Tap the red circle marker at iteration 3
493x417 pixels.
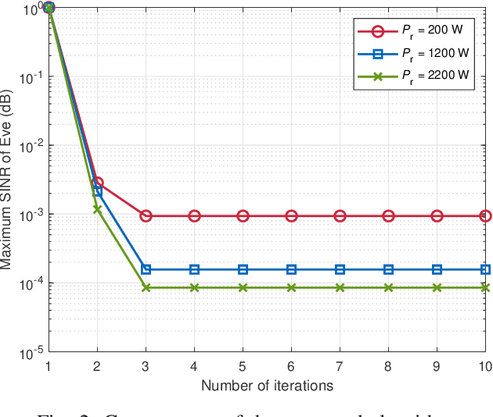[146, 216]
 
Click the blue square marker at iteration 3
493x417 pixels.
[146, 269]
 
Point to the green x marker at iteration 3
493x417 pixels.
[146, 287]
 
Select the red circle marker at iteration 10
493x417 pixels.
[485, 216]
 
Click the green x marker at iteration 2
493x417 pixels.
[97, 208]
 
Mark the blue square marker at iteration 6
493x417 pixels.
[291, 269]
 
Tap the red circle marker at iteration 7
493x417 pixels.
[340, 216]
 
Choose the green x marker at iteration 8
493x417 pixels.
[388, 287]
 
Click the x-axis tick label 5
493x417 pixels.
[243, 366]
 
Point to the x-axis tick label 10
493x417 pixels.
[484, 366]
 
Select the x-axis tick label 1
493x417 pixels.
[49, 366]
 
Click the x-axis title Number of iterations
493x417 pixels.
[267, 385]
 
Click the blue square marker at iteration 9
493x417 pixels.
[437, 269]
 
